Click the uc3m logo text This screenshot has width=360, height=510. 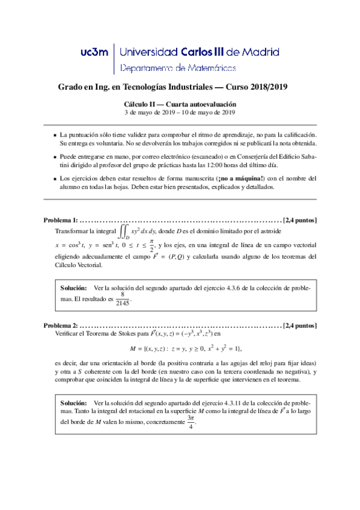coord(94,52)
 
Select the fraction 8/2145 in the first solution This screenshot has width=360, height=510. coord(123,300)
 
